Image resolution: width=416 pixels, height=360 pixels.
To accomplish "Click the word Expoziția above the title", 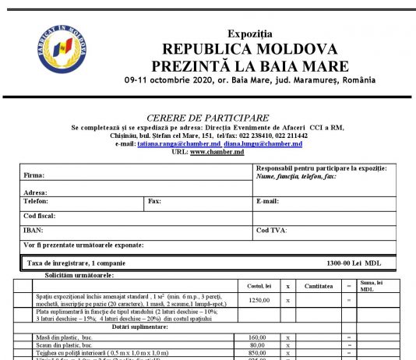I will pos(250,34).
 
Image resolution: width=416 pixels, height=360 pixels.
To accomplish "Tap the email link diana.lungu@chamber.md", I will pos(263,144).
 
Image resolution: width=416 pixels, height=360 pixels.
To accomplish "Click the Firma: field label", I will pos(33,175).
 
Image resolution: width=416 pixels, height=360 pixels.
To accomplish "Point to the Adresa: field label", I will pos(36,192).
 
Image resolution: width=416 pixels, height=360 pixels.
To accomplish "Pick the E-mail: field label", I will pos(267,201).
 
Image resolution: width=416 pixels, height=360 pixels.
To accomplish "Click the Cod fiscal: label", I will pos(41,215).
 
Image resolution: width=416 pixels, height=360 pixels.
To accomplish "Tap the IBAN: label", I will pos(33,230).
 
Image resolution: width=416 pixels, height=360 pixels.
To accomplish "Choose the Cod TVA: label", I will pos(272,230).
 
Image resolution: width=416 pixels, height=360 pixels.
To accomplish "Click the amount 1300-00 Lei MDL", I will pos(354,263).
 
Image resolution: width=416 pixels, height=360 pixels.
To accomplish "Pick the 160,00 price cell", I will pos(258,337).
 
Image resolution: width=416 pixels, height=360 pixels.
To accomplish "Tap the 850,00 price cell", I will pos(258,352).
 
